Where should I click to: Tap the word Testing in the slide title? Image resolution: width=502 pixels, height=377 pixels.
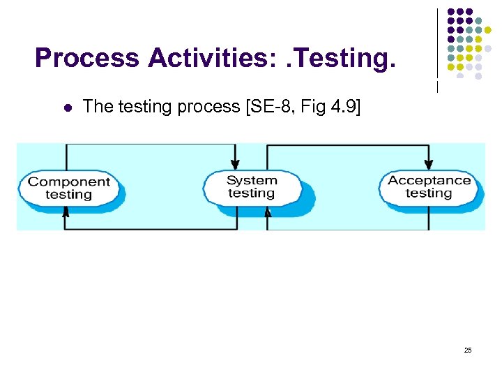pos(341,59)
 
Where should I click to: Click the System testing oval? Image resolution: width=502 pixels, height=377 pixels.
pos(252,187)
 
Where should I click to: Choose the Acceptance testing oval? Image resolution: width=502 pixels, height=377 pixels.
pos(429,186)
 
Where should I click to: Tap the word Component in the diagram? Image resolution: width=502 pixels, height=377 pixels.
pos(70,182)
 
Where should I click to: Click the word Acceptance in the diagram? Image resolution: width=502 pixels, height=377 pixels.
pos(429,180)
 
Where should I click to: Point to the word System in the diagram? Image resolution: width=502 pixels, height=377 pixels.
pos(252,180)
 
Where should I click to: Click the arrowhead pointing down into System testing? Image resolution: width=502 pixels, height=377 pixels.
pos(236,163)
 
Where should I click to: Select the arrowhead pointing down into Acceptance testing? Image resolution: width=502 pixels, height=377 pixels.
pos(428,163)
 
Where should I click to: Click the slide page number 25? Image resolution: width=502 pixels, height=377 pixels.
pos(468,350)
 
